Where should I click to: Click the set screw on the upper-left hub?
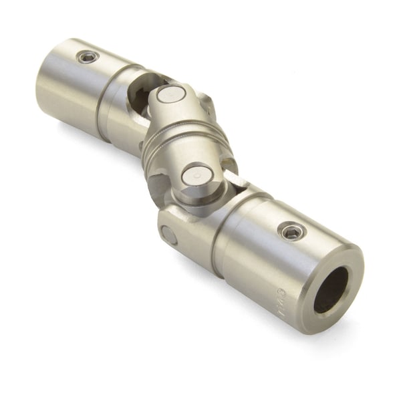88,57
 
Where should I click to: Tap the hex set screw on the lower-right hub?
292,231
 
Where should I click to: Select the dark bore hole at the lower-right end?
332,289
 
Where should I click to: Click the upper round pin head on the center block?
170,94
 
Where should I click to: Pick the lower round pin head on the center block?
198,176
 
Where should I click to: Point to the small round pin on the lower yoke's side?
168,235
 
